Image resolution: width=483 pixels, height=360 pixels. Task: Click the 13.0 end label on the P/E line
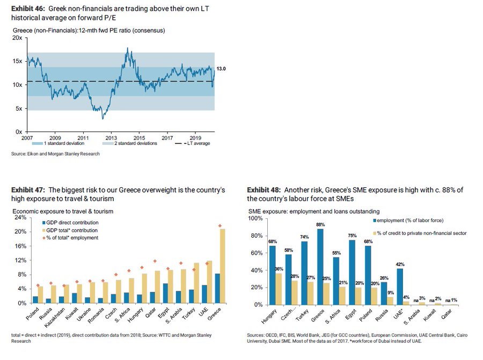coord(221,69)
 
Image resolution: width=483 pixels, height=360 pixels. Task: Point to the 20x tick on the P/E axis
coord(18,38)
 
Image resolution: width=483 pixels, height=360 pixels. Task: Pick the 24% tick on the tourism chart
coord(19,218)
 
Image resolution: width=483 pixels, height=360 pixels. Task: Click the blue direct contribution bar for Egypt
coord(165,293)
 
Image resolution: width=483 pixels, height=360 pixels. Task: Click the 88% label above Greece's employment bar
coord(321,225)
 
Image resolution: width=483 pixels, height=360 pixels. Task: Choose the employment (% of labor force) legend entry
coord(413,221)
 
